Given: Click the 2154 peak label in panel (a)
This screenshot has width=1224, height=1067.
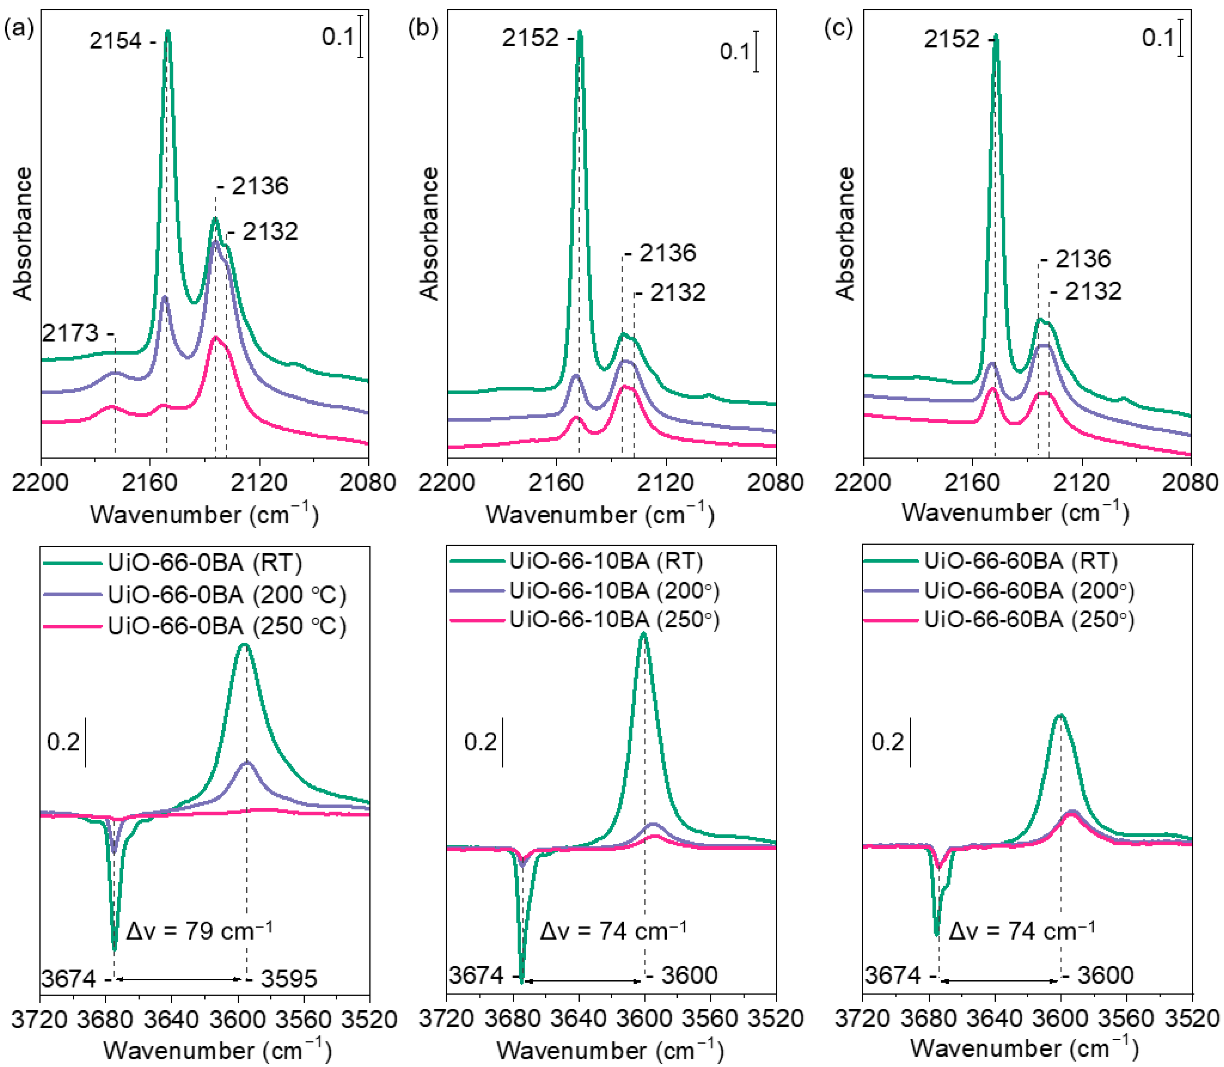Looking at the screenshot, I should pos(116,41).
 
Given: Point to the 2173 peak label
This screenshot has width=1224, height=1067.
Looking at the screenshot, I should pos(70,333).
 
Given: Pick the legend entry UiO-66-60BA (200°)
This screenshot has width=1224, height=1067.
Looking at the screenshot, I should pos(1029,591).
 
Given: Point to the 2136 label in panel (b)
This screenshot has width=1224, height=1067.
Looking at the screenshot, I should pos(667,253).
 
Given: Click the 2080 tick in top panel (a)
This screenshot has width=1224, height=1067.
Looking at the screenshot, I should pos(367,482).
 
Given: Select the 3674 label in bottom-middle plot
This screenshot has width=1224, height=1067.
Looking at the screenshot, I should pos(476,975).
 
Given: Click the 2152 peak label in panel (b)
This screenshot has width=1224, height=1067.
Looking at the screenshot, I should pos(531,38).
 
